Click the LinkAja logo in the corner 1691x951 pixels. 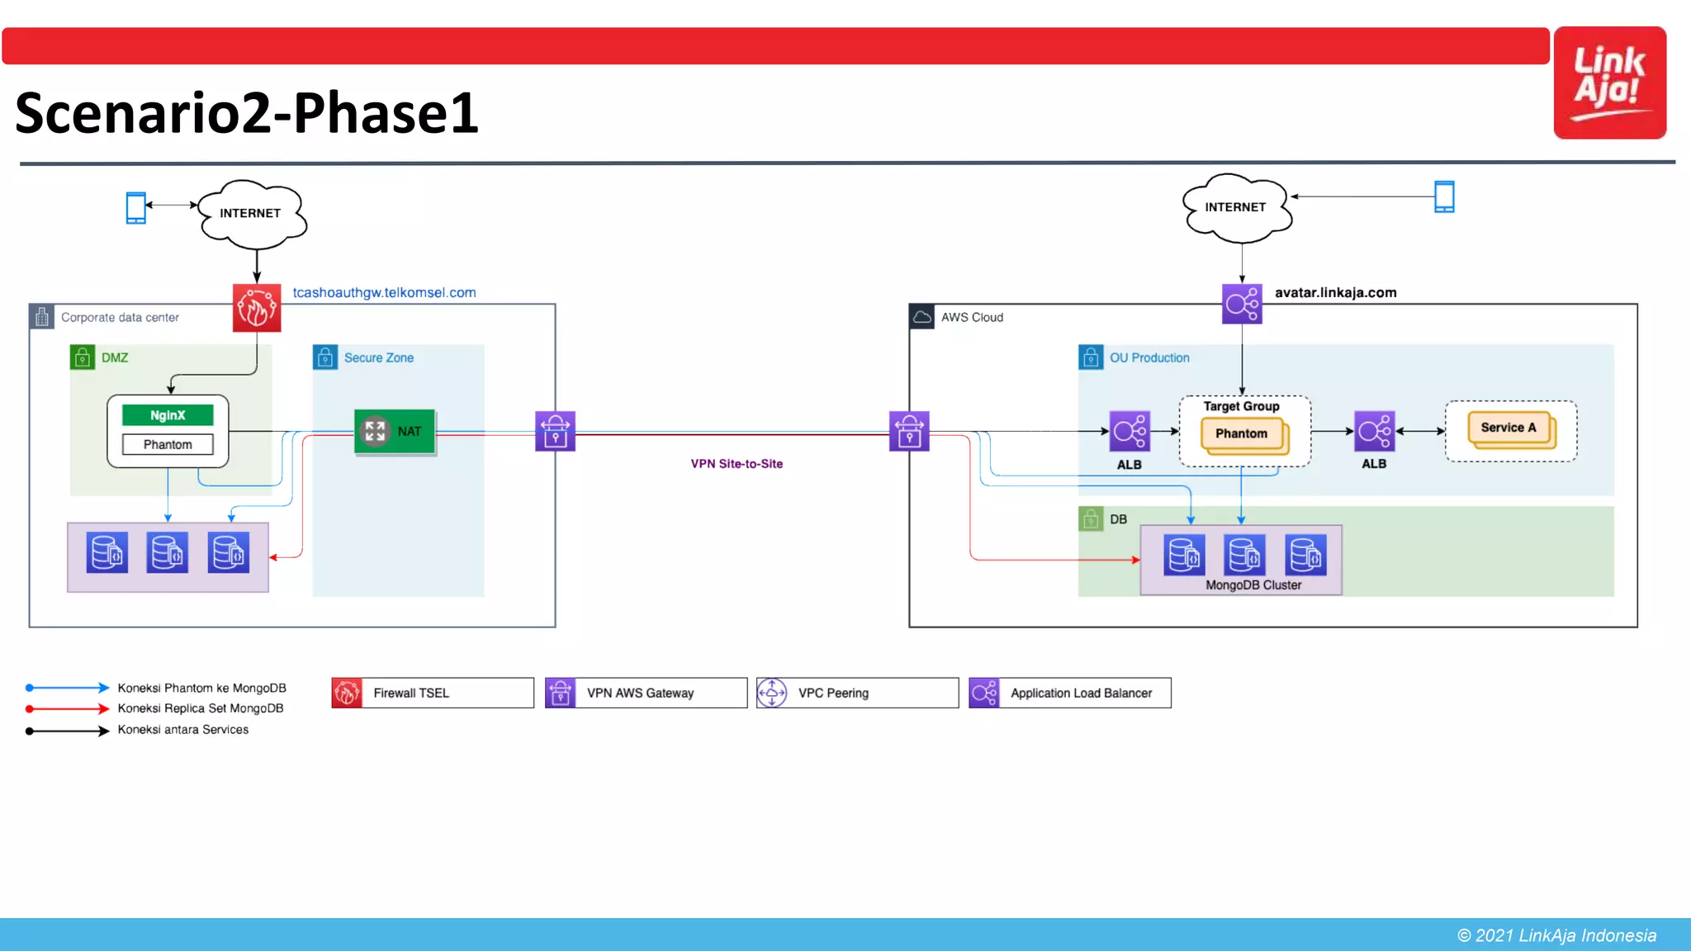pos(1609,83)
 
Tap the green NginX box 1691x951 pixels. pos(168,415)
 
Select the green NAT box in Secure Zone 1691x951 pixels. pos(395,431)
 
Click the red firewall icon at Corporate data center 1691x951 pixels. pos(257,308)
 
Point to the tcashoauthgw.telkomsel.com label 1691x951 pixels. pos(384,292)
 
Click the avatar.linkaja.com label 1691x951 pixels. pos(1335,292)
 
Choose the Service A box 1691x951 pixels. pos(1509,428)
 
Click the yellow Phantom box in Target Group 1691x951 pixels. pos(1241,433)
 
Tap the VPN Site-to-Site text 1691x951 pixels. pos(737,464)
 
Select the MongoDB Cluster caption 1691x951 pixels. pos(1253,584)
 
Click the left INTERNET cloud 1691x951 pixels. pos(251,213)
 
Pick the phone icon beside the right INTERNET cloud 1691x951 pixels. pos(1444,196)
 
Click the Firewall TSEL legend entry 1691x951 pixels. pos(432,693)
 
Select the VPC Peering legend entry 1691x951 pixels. pos(856,693)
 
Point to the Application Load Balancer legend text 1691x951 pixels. pos(1081,693)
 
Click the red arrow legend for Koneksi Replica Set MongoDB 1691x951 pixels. pos(67,708)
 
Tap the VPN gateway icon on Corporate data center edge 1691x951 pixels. pos(555,431)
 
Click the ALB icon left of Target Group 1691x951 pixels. pos(1130,431)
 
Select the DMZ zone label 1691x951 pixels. pos(115,357)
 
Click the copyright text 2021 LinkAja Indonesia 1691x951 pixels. pos(1556,935)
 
